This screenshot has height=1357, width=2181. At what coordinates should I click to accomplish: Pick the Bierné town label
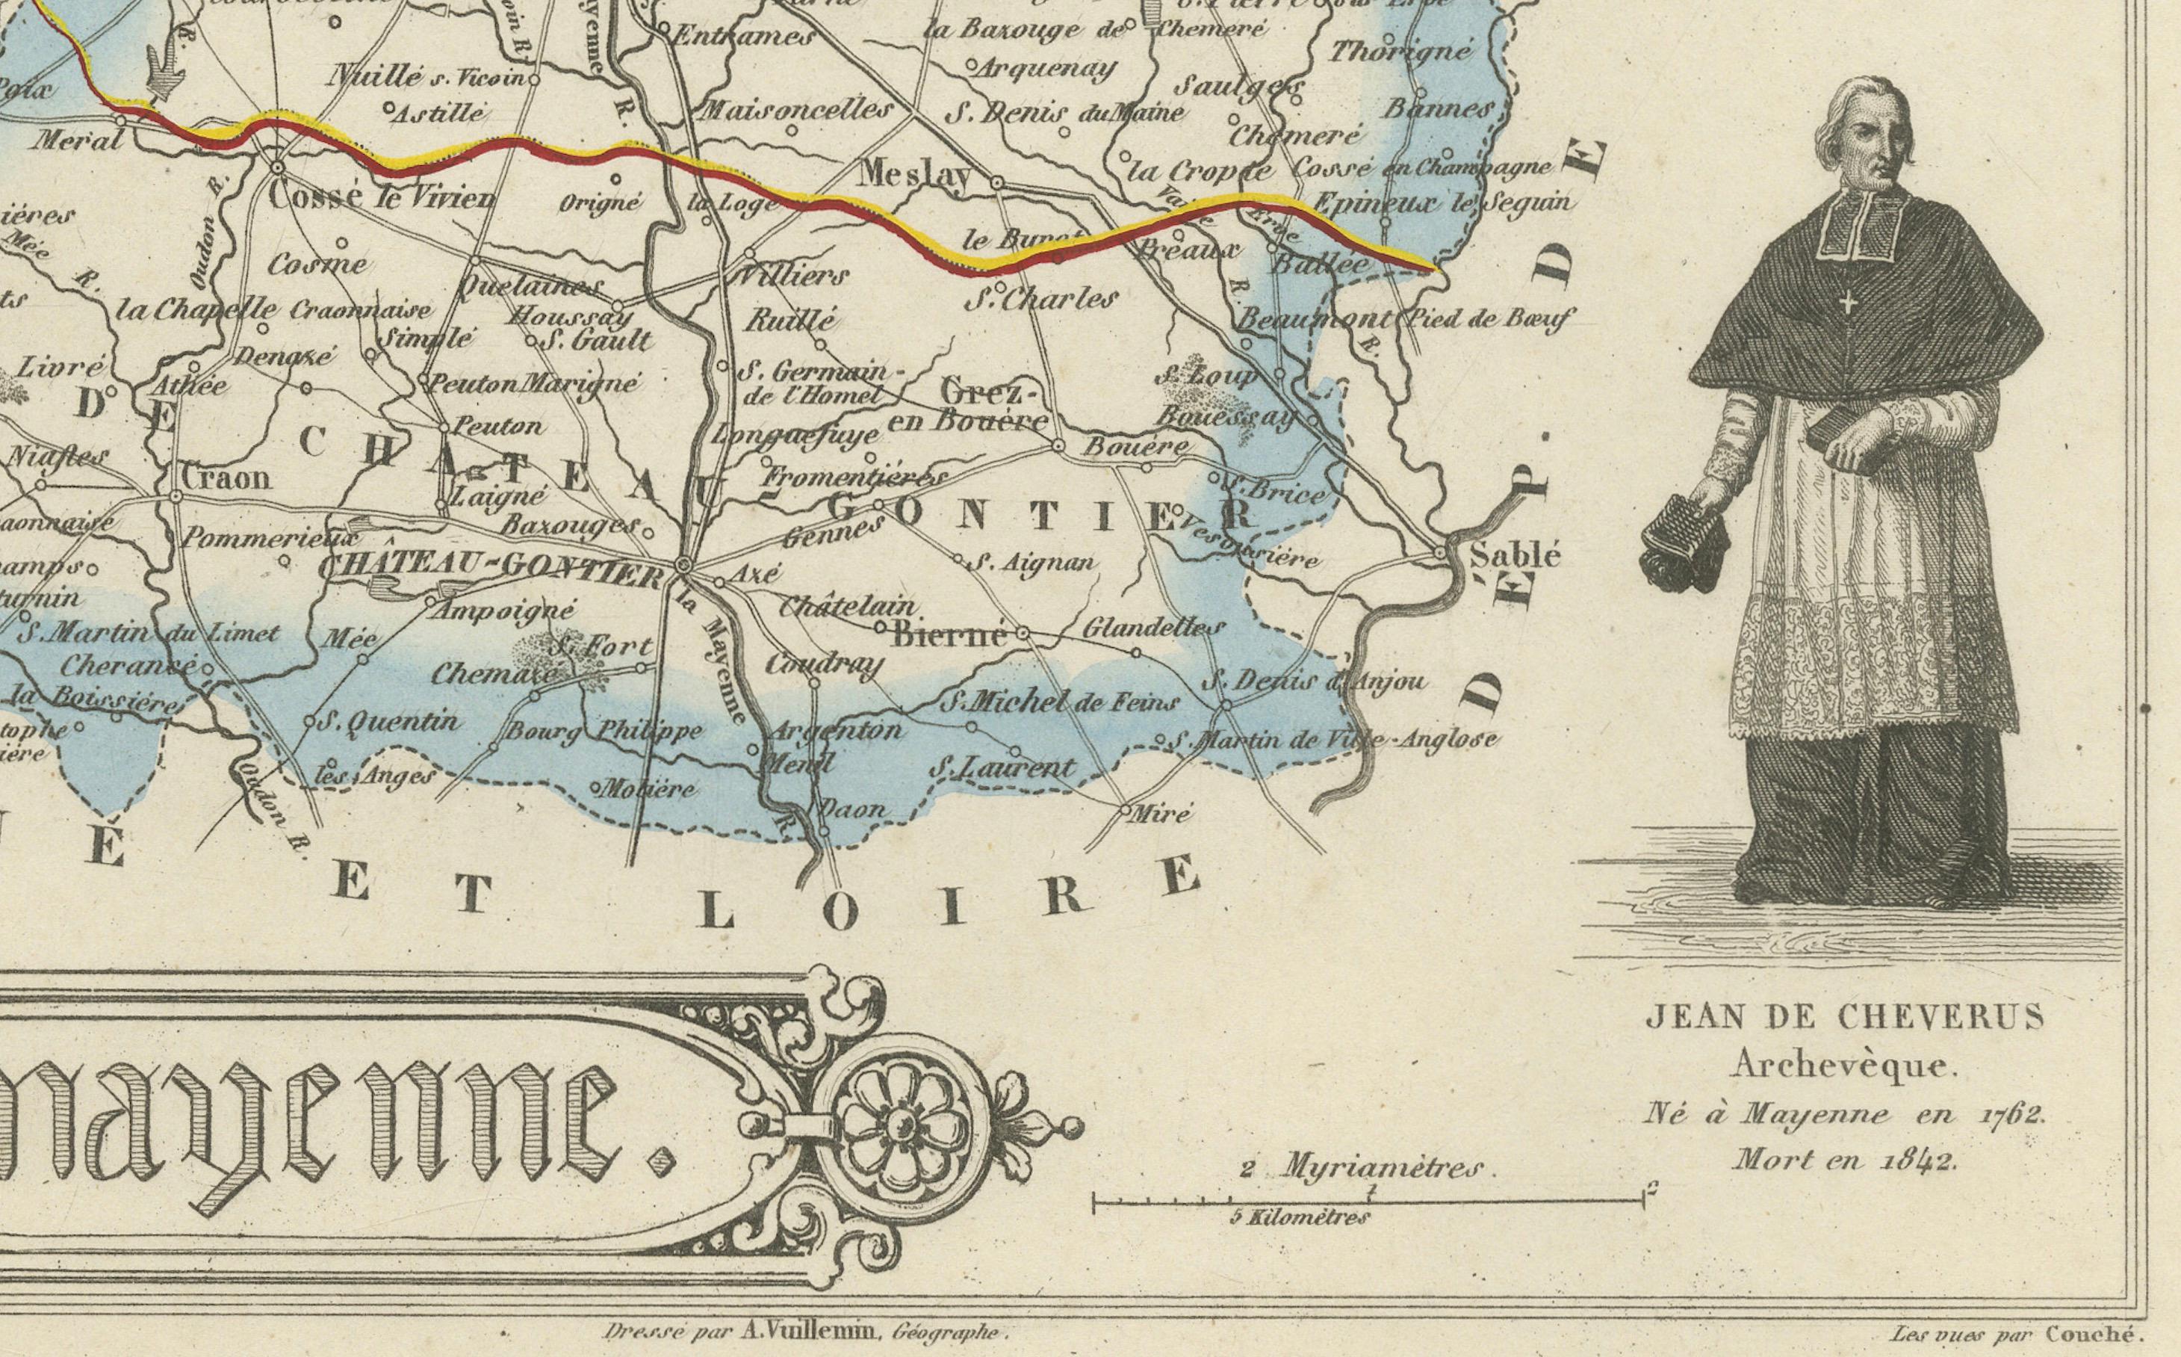[950, 634]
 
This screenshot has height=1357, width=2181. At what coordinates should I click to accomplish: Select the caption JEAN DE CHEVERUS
[1846, 1017]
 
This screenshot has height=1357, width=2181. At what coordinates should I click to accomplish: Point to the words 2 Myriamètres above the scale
[1362, 1168]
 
